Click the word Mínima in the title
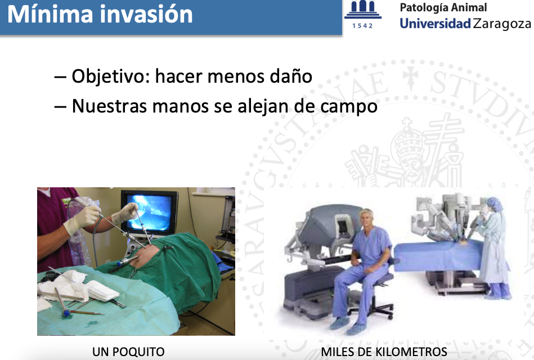pyautogui.click(x=50, y=14)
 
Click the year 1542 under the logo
pyautogui.click(x=362, y=26)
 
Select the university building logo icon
pyautogui.click(x=363, y=10)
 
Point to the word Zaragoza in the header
pyautogui.click(x=502, y=24)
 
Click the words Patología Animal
pyautogui.click(x=443, y=7)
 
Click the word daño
pyautogui.click(x=291, y=76)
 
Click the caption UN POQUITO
pyautogui.click(x=128, y=352)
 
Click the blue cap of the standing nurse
pyautogui.click(x=495, y=204)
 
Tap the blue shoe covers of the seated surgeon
pyautogui.click(x=347, y=325)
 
